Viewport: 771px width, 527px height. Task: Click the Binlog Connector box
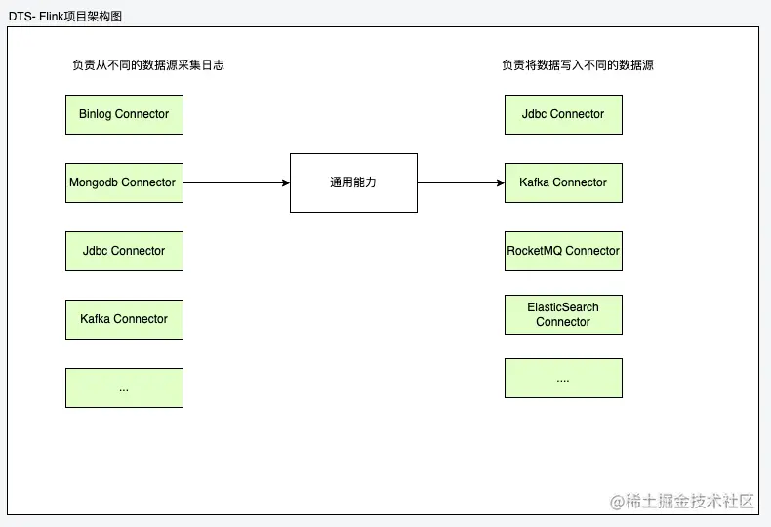coord(124,114)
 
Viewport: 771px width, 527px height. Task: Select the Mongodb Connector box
coord(124,182)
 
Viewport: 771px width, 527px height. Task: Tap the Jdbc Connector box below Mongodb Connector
coord(124,251)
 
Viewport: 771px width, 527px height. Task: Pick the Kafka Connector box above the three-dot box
coord(124,319)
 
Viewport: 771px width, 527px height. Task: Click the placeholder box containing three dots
coord(124,387)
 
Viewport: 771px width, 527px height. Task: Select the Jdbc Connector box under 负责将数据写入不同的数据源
coord(563,114)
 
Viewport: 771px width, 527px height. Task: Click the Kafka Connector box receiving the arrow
coord(563,182)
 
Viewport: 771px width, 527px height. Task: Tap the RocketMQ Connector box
coord(563,251)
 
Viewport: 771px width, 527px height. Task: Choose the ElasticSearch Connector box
coord(563,314)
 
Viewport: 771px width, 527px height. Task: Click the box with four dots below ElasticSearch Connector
coord(563,378)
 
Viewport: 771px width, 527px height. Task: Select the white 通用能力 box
coord(353,182)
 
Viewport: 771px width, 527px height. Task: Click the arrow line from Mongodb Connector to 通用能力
coord(234,182)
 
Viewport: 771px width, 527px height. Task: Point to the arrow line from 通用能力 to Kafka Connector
coord(459,182)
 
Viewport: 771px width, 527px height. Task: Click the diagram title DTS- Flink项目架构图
coord(65,17)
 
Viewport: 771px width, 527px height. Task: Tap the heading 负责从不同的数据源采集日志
coord(149,65)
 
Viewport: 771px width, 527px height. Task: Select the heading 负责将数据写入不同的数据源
coord(578,65)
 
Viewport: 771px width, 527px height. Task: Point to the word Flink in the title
coord(54,17)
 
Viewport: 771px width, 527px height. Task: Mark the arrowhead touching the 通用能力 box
coord(285,182)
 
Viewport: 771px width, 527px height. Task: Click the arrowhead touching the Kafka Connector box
coord(500,182)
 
